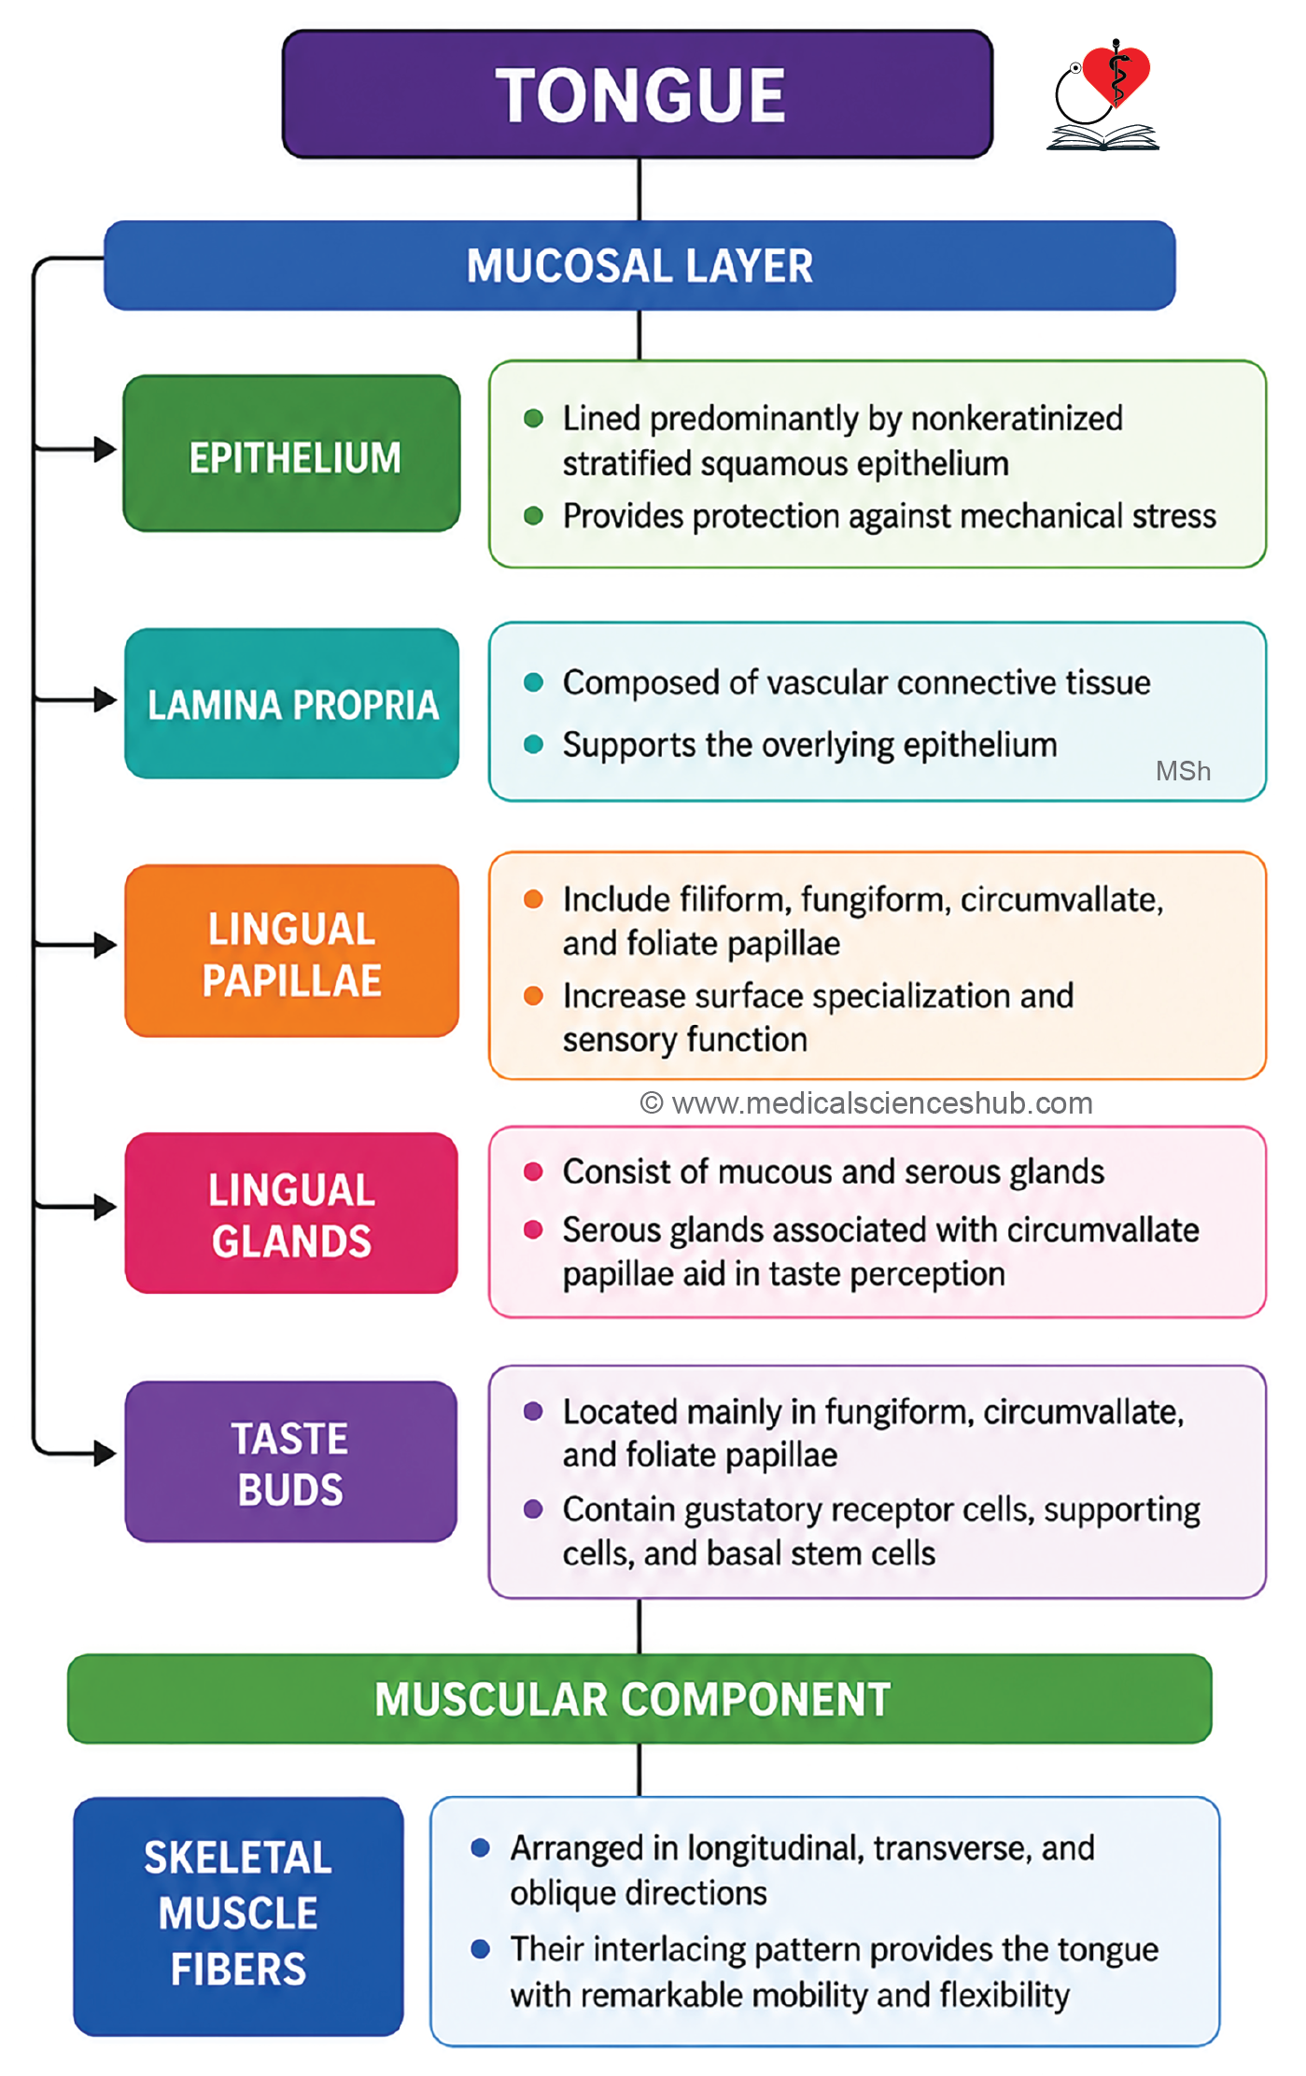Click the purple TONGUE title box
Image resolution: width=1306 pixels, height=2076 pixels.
638,94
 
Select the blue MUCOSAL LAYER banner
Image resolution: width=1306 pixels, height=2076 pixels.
639,265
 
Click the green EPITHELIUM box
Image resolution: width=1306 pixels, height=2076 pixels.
292,454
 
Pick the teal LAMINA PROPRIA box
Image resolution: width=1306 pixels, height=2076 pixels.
292,704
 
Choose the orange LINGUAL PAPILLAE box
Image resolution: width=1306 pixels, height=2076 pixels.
292,951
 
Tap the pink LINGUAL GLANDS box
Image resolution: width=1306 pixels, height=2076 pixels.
291,1213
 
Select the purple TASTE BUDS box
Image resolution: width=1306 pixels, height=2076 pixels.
291,1462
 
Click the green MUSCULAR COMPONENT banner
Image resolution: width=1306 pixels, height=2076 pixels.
639,1699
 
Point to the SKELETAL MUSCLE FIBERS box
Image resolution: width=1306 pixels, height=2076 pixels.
238,1916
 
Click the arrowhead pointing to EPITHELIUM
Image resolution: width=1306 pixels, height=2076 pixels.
105,449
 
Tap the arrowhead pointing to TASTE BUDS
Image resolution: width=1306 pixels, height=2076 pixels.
105,1452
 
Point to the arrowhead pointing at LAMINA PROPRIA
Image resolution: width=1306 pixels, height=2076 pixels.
105,699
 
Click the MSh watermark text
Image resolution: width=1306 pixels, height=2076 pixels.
1183,771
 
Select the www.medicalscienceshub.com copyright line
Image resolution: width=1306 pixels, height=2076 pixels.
866,1103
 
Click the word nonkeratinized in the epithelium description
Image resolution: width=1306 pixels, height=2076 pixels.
1017,418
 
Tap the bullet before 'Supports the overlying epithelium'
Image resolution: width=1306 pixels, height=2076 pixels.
534,744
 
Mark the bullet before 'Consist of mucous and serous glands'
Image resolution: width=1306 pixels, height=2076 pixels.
534,1171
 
